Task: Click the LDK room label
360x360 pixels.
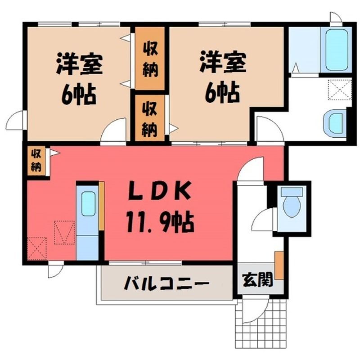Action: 159,190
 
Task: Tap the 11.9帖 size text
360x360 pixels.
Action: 160,222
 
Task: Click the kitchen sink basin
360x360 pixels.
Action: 89,204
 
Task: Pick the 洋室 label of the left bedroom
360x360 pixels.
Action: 79,63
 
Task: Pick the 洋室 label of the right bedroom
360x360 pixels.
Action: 223,62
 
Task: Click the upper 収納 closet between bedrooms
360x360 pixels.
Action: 150,58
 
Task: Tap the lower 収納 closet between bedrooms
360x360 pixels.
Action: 150,118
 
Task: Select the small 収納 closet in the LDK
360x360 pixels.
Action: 36,161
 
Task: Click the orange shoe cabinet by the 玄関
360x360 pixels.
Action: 279,265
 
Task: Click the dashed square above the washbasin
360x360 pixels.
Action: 340,90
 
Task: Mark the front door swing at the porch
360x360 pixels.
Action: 256,310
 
